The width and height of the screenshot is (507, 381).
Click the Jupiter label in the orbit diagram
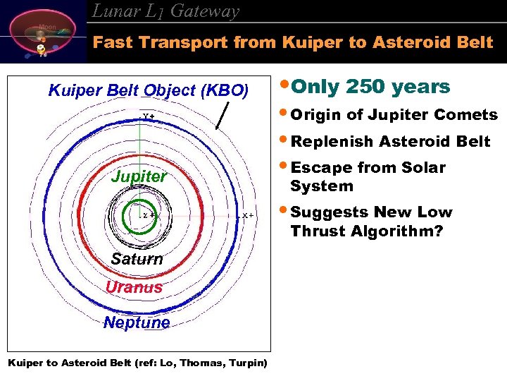[139, 176]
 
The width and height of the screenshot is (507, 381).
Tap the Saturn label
[137, 259]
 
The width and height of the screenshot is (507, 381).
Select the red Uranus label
[134, 287]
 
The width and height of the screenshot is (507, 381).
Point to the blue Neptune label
[137, 322]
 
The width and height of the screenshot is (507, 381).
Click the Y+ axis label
[149, 116]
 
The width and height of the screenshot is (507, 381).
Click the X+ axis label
[248, 215]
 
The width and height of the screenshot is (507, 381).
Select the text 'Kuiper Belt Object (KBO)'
[148, 90]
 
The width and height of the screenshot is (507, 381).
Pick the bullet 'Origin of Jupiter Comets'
[394, 115]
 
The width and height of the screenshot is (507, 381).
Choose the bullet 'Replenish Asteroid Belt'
[390, 141]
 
